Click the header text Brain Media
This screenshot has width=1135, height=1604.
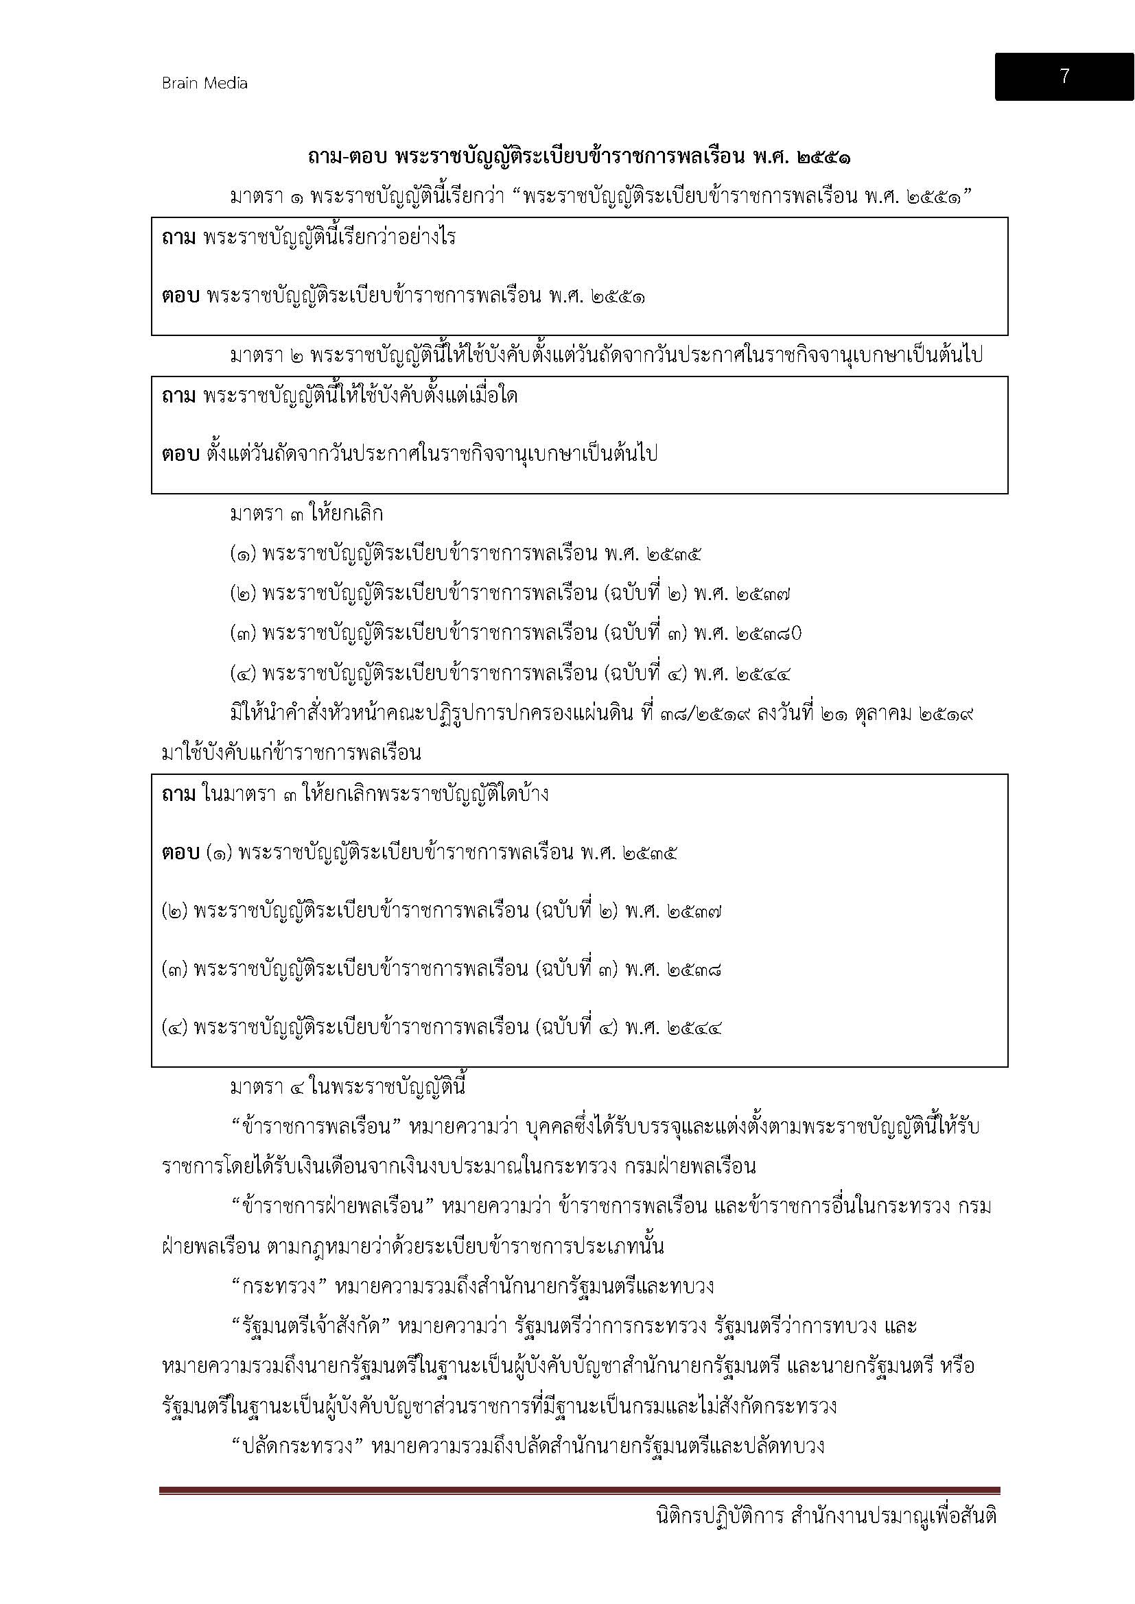(x=204, y=83)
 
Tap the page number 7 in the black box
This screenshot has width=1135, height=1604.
(x=1064, y=76)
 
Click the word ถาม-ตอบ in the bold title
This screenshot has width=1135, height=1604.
(x=347, y=158)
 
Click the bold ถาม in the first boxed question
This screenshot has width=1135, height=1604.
(x=178, y=237)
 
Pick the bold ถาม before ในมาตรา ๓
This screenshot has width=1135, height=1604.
(x=178, y=794)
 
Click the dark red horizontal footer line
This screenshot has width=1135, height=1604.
(x=579, y=1491)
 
